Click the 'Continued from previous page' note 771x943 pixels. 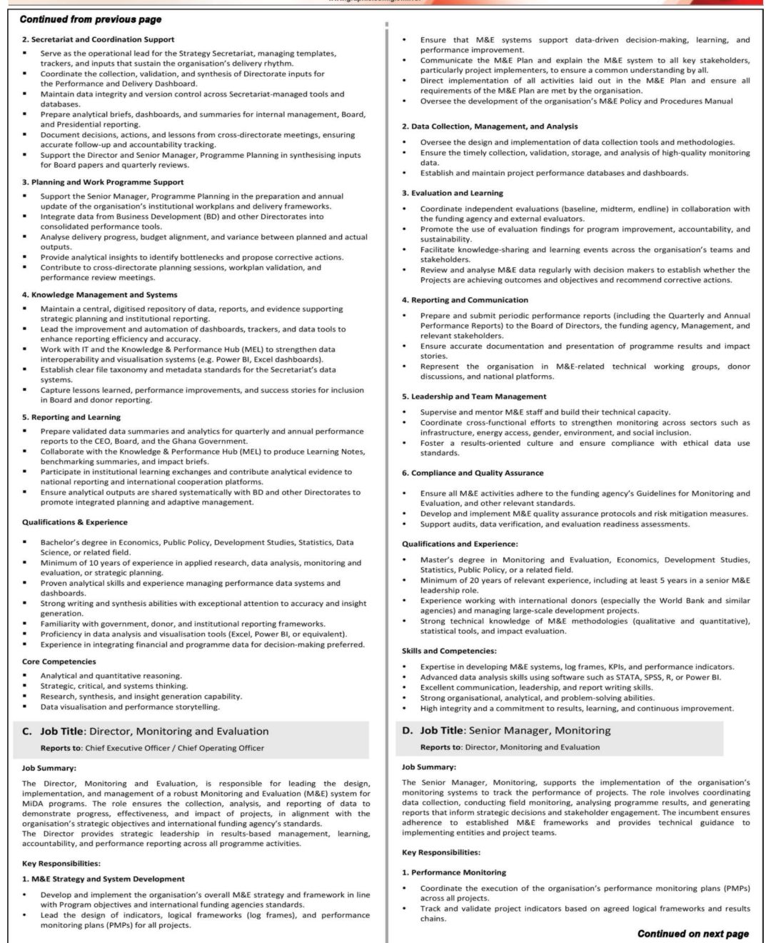tap(91, 19)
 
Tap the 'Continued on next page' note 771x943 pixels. tap(692, 933)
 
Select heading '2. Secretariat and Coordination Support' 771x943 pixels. tap(98, 39)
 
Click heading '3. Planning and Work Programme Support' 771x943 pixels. tap(102, 182)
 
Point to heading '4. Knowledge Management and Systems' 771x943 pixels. tap(99, 294)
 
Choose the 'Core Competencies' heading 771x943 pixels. tap(59, 662)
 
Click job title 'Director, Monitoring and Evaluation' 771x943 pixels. tap(154, 731)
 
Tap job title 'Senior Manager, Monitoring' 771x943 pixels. tap(515, 730)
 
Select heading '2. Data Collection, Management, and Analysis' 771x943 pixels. tap(490, 126)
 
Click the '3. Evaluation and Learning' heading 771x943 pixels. tap(452, 193)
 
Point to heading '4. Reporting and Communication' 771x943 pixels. tap(465, 300)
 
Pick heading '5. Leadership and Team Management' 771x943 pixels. tap(474, 396)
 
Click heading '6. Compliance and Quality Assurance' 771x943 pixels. tap(473, 473)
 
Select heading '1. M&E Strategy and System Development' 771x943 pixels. tap(103, 879)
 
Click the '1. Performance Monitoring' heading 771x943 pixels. tap(454, 872)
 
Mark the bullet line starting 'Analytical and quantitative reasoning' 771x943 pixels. tap(111, 676)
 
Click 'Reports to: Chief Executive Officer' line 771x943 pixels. tap(152, 748)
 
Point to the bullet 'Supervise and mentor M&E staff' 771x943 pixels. tap(545, 412)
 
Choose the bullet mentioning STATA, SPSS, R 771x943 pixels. tap(570, 677)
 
